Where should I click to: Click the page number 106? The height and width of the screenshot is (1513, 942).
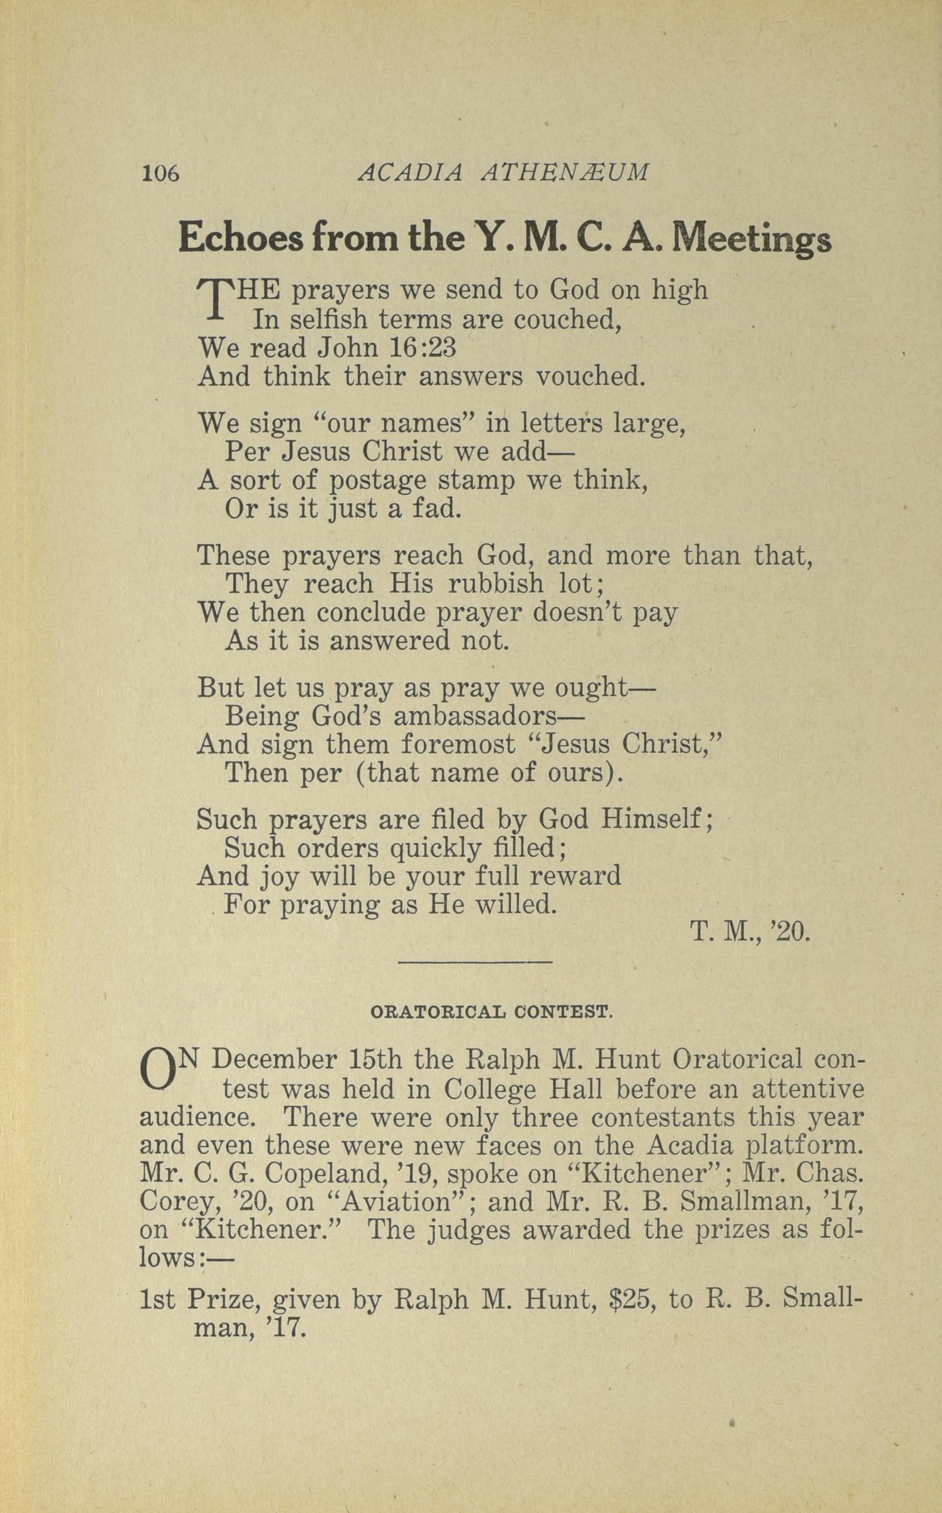(x=160, y=172)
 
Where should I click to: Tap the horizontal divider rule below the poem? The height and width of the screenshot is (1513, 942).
(x=475, y=963)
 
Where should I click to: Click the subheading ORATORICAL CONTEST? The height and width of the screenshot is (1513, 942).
(x=492, y=1012)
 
